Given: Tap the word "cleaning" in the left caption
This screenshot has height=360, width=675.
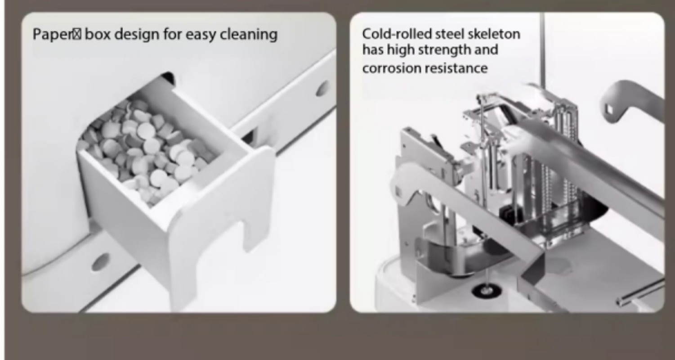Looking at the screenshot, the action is coord(249,34).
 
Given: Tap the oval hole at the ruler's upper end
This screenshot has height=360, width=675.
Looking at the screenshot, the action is coord(322,88).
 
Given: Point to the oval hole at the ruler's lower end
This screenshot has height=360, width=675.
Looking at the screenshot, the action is coord(100,262).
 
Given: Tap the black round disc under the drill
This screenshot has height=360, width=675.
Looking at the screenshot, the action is coord(487,291).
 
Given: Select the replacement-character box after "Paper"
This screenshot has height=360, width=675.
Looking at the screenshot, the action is coord(77,34).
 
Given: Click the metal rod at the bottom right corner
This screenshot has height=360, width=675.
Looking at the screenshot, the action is coord(640,292).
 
